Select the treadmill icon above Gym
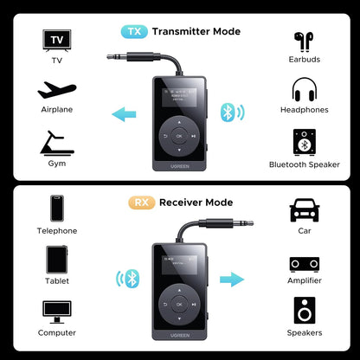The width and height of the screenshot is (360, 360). [x=54, y=141]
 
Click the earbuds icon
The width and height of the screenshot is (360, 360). [x=304, y=40]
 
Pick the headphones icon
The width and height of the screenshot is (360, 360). [x=304, y=90]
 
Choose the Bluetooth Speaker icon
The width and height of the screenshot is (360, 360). [x=304, y=142]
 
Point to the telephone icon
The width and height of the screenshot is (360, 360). [x=56, y=209]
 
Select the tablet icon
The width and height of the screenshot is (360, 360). [x=56, y=260]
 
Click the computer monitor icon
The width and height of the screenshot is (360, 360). [x=56, y=312]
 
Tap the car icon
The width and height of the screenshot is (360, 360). [x=304, y=209]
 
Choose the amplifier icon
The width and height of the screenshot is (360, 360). [x=304, y=262]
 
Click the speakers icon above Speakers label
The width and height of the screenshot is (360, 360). [x=304, y=311]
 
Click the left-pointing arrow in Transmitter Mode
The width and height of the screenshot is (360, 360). [x=125, y=112]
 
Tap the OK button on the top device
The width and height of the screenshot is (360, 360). [x=179, y=136]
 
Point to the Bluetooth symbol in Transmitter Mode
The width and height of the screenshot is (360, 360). [x=228, y=112]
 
